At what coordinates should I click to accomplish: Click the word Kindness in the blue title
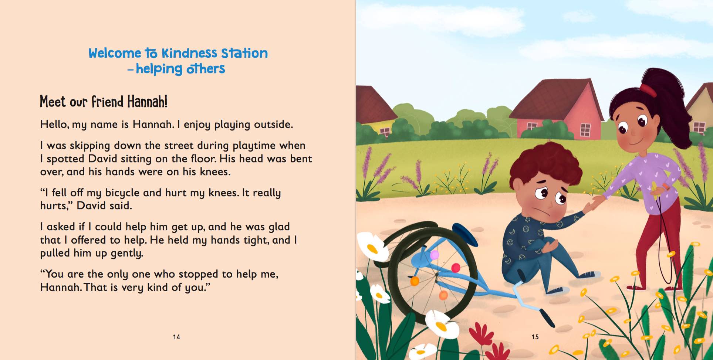(189, 53)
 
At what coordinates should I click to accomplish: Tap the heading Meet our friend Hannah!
(104, 102)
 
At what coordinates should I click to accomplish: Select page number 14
(176, 337)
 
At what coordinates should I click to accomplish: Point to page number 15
(535, 337)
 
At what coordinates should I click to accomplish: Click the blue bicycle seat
(465, 233)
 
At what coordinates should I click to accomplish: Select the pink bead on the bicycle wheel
(435, 255)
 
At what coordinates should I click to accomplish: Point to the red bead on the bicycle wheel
(456, 268)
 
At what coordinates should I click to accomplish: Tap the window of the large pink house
(585, 130)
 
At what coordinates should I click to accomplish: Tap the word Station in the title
(244, 53)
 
